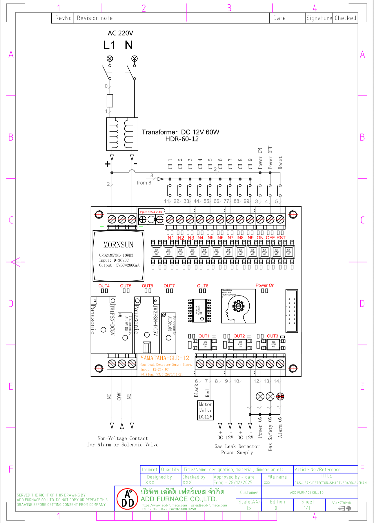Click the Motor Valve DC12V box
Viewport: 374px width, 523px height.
(206, 410)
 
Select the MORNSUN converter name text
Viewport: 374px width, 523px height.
(118, 245)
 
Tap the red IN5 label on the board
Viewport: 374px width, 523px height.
(210, 238)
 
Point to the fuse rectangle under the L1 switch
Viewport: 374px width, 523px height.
(110, 101)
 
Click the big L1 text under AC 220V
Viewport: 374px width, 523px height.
(109, 45)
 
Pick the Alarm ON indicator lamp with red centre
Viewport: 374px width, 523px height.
(280, 396)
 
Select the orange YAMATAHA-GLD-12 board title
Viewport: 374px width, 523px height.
(165, 358)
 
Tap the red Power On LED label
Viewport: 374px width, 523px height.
(265, 285)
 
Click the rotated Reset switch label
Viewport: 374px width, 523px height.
(280, 163)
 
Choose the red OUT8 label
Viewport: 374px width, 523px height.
(203, 286)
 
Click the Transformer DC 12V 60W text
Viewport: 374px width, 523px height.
(180, 132)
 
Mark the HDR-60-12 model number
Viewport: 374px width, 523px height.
(182, 139)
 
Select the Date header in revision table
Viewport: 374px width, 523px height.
(279, 18)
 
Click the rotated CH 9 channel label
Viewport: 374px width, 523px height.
(250, 164)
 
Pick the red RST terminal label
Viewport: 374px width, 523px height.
(281, 238)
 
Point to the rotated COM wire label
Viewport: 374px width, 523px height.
(119, 396)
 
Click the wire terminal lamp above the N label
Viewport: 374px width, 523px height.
(135, 59)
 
